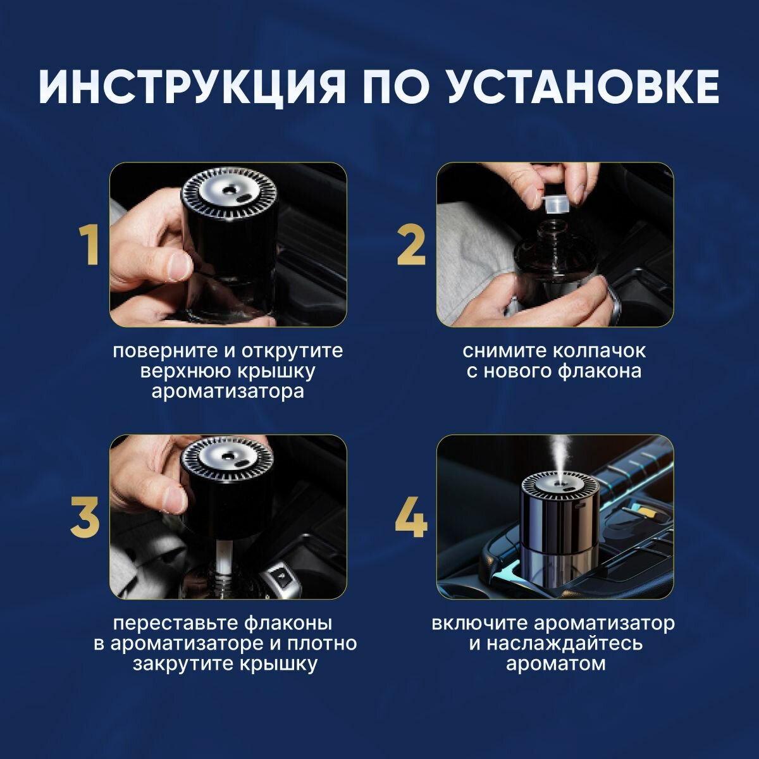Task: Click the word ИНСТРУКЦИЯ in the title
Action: [192, 87]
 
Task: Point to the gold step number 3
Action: [85, 517]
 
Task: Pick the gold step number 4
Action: [411, 517]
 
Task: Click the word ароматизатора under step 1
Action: [228, 392]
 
